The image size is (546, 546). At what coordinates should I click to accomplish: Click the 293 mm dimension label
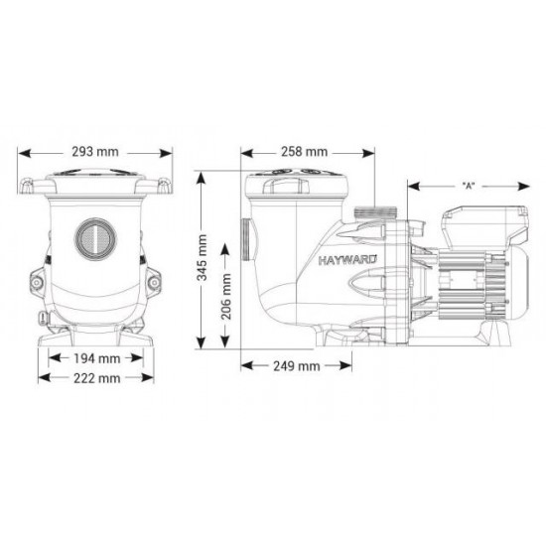click(x=95, y=152)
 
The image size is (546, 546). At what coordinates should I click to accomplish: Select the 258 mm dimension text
click(x=305, y=152)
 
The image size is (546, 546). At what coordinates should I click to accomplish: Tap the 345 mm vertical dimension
click(x=202, y=258)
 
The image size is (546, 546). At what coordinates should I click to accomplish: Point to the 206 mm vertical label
click(x=226, y=297)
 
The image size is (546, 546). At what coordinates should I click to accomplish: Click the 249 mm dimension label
click(x=297, y=366)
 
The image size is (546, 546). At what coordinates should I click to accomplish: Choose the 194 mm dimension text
click(x=97, y=358)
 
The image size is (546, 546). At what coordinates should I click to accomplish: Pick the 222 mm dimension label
click(x=97, y=378)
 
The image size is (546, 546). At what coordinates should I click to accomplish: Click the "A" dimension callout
click(x=469, y=187)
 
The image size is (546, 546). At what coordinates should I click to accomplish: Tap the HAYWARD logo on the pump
click(x=347, y=260)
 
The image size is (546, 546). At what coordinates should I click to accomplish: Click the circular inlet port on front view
click(x=95, y=238)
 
